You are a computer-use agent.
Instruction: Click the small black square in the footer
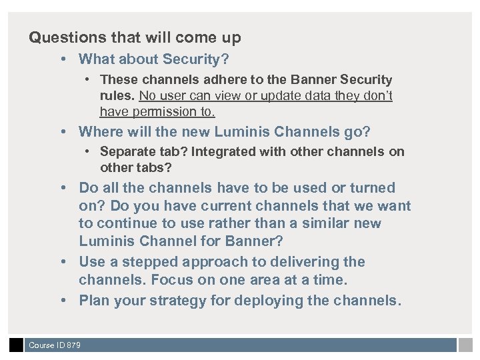(x=16, y=345)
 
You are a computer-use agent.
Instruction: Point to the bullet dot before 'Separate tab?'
(x=89, y=151)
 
